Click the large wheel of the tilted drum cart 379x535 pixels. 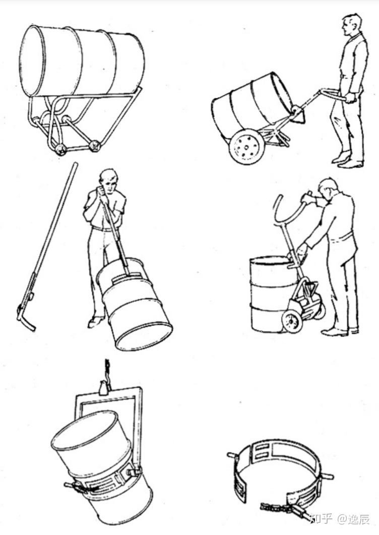pos(247,147)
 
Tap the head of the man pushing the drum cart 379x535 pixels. pos(352,25)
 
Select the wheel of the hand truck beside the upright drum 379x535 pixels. pos(292,322)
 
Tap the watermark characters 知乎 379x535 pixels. pos(321,519)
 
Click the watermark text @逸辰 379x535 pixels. pos(353,519)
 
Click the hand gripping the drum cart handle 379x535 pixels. pos(350,98)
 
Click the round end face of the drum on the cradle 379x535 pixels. pos(31,61)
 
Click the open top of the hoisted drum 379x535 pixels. pos(85,430)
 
